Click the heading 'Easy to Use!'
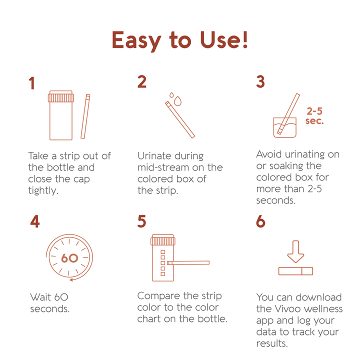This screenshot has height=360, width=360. pos(180,40)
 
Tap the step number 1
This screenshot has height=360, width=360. pos(32,83)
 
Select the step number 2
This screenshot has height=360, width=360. pos(142,82)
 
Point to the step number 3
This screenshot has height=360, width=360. pos(260,82)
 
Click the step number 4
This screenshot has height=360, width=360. pos(34,221)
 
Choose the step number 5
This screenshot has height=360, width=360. pos(142,221)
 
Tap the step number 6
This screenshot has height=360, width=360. pos(260,221)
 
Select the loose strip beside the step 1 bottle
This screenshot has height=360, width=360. pos(85,116)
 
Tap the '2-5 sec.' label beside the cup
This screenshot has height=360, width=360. pos(314,116)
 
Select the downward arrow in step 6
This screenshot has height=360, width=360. pos(295,251)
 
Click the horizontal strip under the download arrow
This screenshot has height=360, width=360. pos(295,271)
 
